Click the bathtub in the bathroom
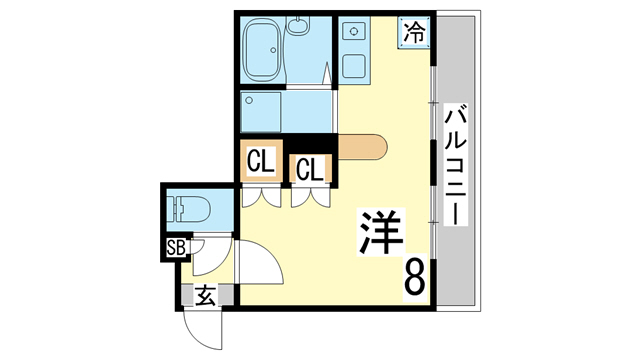tap(262, 49)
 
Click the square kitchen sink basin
tap(354, 67)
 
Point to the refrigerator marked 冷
tap(414, 32)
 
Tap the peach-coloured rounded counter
tap(362, 148)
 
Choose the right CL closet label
tap(309, 169)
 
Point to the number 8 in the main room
tap(414, 276)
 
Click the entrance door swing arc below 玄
tap(197, 328)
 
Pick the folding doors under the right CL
tap(309, 197)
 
